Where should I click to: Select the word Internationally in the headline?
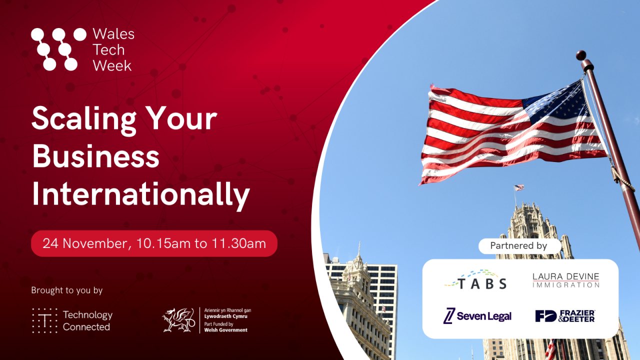click(x=140, y=195)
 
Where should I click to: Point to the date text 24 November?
click(x=84, y=243)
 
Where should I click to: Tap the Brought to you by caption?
click(x=66, y=290)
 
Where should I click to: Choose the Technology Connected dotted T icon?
click(x=44, y=320)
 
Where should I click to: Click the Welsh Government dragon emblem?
click(x=178, y=320)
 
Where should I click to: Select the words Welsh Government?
click(x=226, y=330)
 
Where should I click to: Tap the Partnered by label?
click(x=518, y=245)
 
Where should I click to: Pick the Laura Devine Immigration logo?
click(x=565, y=280)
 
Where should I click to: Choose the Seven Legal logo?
click(x=477, y=316)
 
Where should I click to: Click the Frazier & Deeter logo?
click(x=565, y=316)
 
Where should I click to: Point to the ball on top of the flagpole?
click(x=581, y=54)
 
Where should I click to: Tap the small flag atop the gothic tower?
click(x=519, y=187)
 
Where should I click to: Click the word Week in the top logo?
click(x=112, y=65)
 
